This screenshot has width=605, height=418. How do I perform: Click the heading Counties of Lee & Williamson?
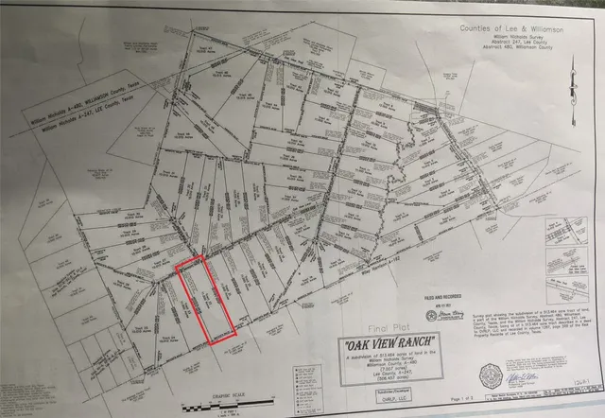coord(512,28)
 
